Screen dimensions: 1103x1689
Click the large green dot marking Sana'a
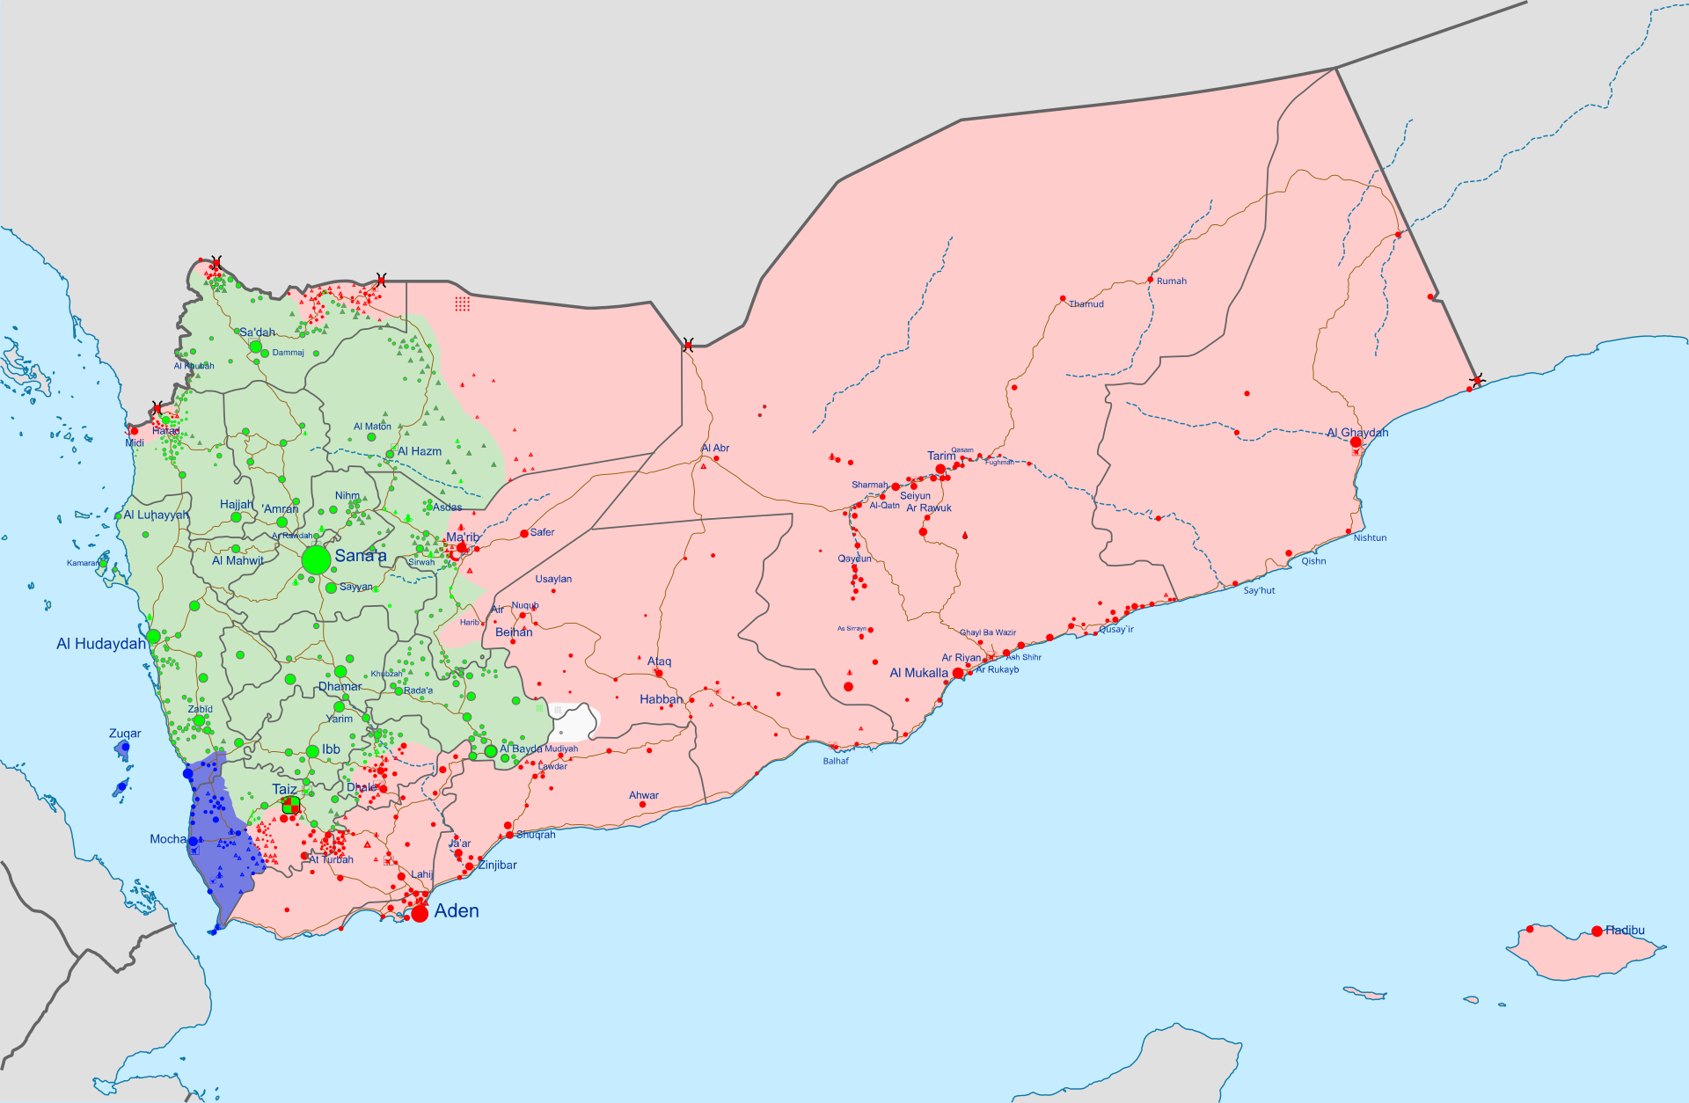tap(316, 559)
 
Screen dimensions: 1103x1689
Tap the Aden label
tap(456, 910)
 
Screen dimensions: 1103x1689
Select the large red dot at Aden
tap(420, 913)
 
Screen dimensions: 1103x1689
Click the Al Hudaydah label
tap(100, 644)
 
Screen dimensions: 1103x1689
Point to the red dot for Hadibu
tap(1597, 931)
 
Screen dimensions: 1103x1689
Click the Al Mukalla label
tap(918, 673)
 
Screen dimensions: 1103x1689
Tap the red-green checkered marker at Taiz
tap(290, 806)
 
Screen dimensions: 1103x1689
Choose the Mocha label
tap(167, 839)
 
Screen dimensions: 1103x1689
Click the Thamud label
tap(1086, 304)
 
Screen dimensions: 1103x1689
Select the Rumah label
tap(1171, 281)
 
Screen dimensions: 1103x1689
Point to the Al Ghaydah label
tap(1357, 433)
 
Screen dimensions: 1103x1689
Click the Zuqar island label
tap(125, 734)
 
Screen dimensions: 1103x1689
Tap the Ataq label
tap(659, 661)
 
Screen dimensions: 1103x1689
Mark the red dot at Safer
tap(524, 533)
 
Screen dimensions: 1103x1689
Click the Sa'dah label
tap(257, 332)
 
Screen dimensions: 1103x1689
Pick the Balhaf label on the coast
tap(836, 761)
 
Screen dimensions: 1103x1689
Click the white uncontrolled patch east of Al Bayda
tap(574, 723)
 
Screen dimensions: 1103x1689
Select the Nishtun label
tap(1370, 537)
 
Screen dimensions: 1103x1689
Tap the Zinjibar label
tap(497, 866)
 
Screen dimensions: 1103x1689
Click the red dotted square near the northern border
tap(462, 303)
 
